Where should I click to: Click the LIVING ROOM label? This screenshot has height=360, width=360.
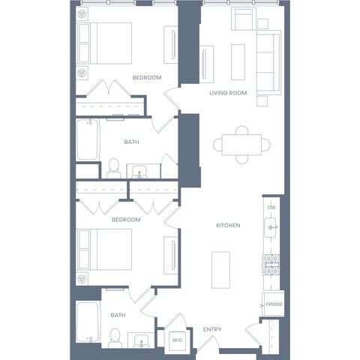(x=228, y=93)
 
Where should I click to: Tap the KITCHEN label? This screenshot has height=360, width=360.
(x=228, y=226)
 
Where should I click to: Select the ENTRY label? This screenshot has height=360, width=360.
(x=212, y=329)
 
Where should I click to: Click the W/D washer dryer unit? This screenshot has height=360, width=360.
(x=177, y=340)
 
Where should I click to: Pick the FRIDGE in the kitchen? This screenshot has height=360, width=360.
(x=273, y=304)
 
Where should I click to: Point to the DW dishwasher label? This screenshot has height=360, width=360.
(x=271, y=207)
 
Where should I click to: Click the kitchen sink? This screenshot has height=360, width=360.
(x=270, y=227)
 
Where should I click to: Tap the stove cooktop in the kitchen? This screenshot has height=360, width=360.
(x=271, y=265)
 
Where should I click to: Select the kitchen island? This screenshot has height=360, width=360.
(x=220, y=270)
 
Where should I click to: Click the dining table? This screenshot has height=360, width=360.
(x=241, y=145)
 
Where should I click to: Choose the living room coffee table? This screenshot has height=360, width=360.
(x=238, y=62)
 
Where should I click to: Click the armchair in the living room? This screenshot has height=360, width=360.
(x=244, y=19)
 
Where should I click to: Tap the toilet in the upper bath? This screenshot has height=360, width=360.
(x=114, y=169)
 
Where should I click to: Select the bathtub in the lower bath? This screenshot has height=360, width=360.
(x=87, y=322)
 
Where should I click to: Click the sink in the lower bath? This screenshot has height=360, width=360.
(x=141, y=340)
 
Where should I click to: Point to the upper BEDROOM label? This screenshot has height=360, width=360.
(x=147, y=78)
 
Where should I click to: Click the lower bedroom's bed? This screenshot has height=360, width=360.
(x=104, y=250)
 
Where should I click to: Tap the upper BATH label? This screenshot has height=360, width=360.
(x=131, y=142)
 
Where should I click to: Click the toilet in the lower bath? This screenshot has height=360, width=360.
(x=115, y=338)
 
